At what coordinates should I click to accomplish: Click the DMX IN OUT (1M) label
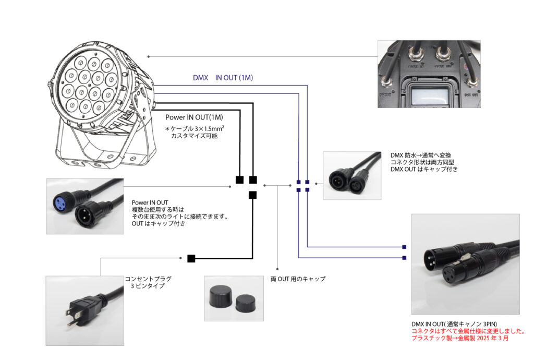click(x=223, y=78)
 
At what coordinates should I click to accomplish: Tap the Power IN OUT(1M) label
click(x=194, y=118)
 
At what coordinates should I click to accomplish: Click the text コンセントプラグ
click(x=148, y=279)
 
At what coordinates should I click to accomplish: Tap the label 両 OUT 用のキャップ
click(x=298, y=279)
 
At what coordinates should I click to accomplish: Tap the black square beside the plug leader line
click(x=191, y=258)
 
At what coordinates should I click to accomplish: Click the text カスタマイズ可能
click(x=194, y=136)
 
